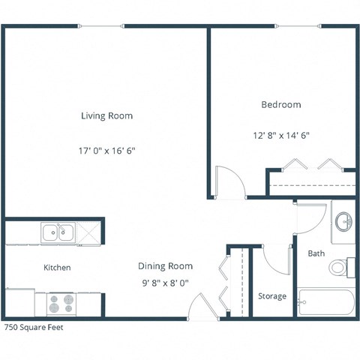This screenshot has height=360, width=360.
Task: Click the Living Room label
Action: tap(106, 116)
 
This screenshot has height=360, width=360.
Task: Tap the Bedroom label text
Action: tap(280, 105)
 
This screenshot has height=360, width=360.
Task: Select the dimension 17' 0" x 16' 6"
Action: tap(106, 150)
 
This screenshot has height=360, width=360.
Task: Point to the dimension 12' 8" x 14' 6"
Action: tap(280, 136)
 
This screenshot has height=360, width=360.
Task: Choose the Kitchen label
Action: tap(57, 268)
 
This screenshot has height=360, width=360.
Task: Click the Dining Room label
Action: tap(165, 266)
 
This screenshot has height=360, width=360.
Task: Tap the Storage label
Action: tap(272, 296)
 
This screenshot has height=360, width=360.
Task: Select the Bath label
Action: tap(316, 253)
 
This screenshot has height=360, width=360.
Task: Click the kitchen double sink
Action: tap(58, 233)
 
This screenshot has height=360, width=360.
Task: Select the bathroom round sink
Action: tap(343, 221)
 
